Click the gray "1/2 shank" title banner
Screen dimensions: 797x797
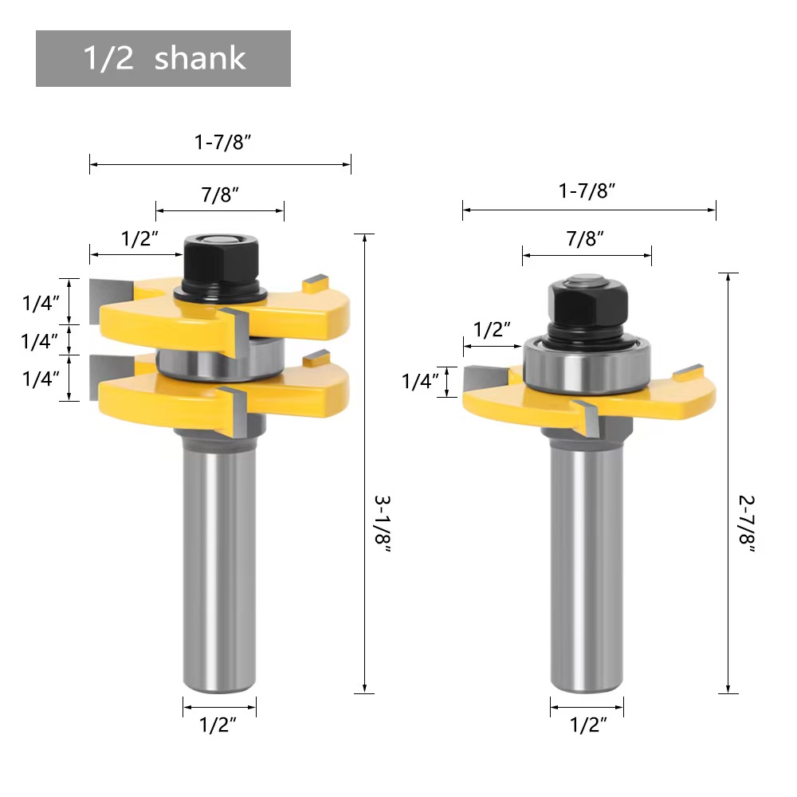coord(163,59)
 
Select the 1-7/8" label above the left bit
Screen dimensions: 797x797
coord(223,143)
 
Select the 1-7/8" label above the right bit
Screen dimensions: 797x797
coord(588,190)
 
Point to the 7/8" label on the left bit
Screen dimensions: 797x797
coord(219,195)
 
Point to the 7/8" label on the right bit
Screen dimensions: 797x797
coord(587,239)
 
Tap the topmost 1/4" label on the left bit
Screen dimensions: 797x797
coord(41,303)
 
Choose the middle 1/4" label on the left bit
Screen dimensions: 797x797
coord(41,341)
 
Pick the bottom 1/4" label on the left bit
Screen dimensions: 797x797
coord(41,379)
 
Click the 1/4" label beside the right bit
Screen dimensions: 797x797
coord(421,382)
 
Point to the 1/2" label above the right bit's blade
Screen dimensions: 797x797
coord(493,329)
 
